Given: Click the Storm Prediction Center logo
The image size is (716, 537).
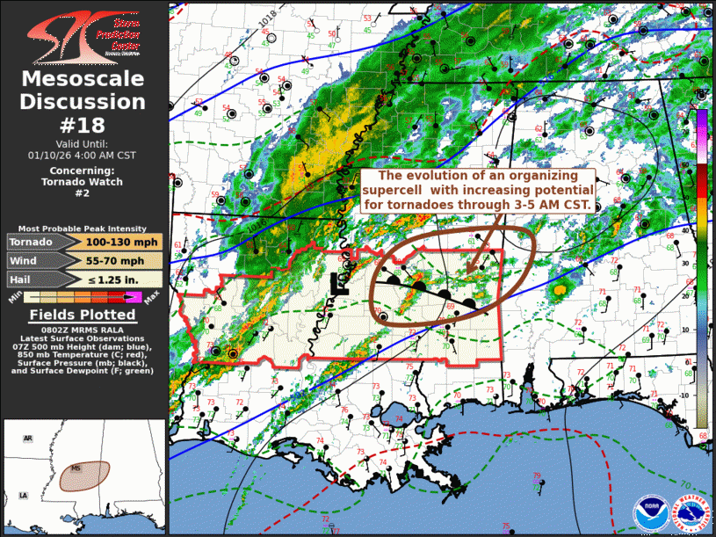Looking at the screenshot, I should tap(83, 35).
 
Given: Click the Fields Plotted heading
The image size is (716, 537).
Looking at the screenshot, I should tap(83, 315).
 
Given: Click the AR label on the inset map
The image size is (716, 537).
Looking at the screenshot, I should tap(27, 438).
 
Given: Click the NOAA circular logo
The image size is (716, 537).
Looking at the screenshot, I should tap(651, 512).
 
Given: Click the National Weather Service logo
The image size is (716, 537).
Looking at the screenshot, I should tap(691, 512).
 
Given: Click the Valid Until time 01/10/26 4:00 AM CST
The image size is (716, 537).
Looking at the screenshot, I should tap(83, 155).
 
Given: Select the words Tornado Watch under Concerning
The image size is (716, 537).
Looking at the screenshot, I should tap(83, 182).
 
